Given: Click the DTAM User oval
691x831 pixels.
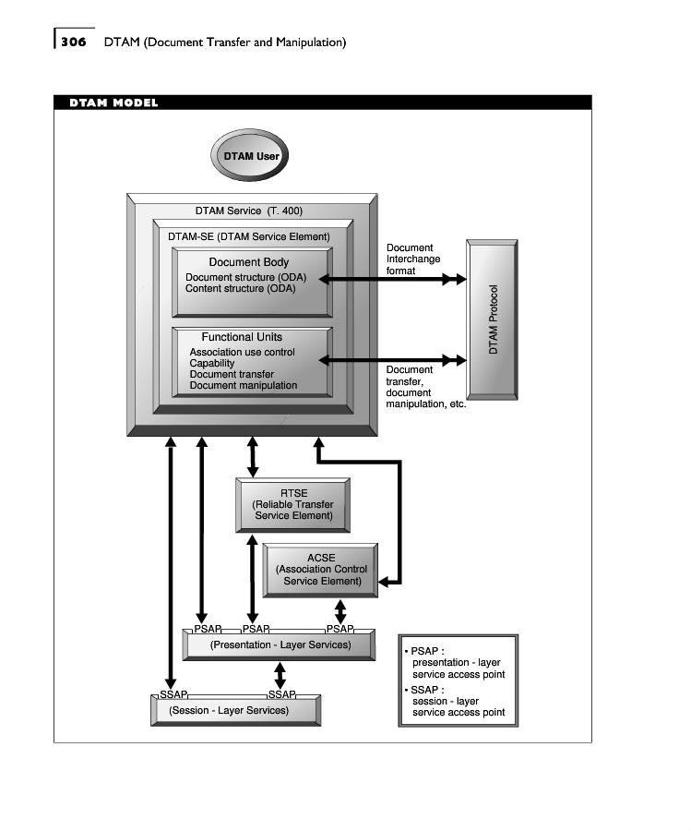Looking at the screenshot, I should click(251, 156).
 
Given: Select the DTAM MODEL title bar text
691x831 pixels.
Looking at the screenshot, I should click(113, 102).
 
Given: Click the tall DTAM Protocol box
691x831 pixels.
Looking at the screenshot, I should click(494, 319).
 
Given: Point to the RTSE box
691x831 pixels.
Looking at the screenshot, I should click(292, 504).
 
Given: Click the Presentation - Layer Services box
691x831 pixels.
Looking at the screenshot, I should click(280, 644).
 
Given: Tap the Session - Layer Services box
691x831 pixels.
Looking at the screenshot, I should click(235, 710).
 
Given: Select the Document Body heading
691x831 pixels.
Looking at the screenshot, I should click(248, 262).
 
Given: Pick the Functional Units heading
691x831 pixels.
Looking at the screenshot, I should click(242, 337).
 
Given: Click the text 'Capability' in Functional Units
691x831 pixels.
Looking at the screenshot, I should click(212, 363).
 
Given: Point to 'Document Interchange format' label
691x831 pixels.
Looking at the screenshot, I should click(412, 259).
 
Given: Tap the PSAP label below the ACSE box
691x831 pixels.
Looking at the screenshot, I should click(340, 629).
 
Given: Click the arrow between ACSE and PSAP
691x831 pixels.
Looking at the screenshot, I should click(340, 610).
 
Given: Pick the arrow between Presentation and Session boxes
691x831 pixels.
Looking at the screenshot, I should click(280, 675).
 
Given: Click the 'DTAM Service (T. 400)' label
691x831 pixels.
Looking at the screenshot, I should click(248, 211).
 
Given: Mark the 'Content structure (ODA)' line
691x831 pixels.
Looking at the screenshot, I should click(240, 288).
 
